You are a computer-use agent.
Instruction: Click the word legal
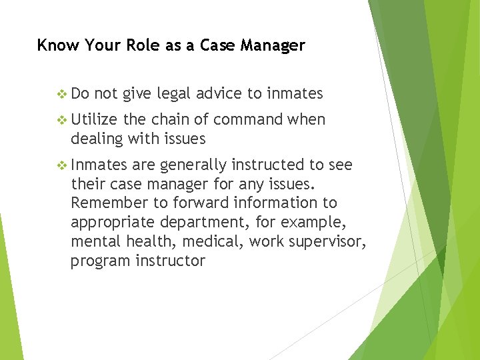pos(173,94)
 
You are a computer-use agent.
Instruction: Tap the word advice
pos(220,94)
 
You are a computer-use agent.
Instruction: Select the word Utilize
pos(94,120)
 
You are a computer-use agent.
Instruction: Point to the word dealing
pos(94,139)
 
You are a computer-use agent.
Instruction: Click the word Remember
pos(103,203)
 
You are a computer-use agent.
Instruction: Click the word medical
pos(219,241)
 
